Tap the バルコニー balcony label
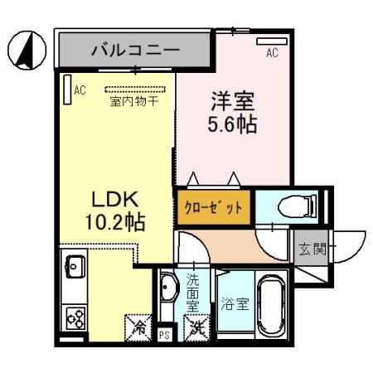(x=135, y=51)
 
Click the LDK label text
(x=114, y=199)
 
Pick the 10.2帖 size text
(x=114, y=221)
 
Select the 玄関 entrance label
(x=308, y=246)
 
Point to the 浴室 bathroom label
(x=233, y=304)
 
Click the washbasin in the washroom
(x=167, y=288)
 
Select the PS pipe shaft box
(x=163, y=336)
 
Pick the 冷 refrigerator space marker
(x=137, y=327)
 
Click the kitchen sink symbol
(x=72, y=267)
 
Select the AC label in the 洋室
(x=271, y=54)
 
